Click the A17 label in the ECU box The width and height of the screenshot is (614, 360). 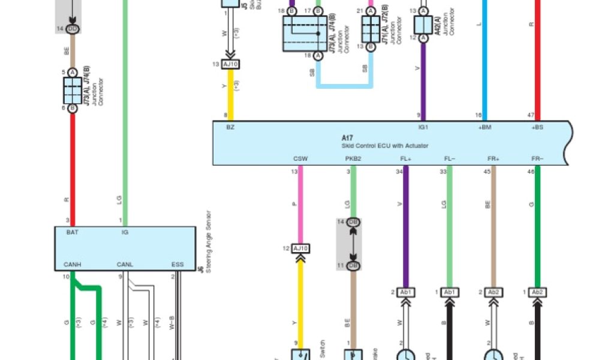347,137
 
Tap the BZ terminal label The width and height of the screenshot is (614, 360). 231,128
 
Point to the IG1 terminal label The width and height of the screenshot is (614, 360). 423,128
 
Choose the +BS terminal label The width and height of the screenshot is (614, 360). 537,128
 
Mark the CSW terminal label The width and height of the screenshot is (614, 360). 300,159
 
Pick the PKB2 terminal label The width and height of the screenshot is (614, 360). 353,159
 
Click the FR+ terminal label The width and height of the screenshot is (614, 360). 493,159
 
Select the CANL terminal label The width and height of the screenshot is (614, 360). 125,264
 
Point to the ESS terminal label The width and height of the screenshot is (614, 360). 178,264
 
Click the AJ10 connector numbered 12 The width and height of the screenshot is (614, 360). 300,248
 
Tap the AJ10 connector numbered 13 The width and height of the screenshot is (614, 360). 230,64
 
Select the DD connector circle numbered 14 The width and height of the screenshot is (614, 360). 73,29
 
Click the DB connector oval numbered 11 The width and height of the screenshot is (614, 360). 353,265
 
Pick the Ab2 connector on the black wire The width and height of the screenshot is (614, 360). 537,292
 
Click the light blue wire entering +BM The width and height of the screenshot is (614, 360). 484,60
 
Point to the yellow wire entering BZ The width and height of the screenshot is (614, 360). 230,96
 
